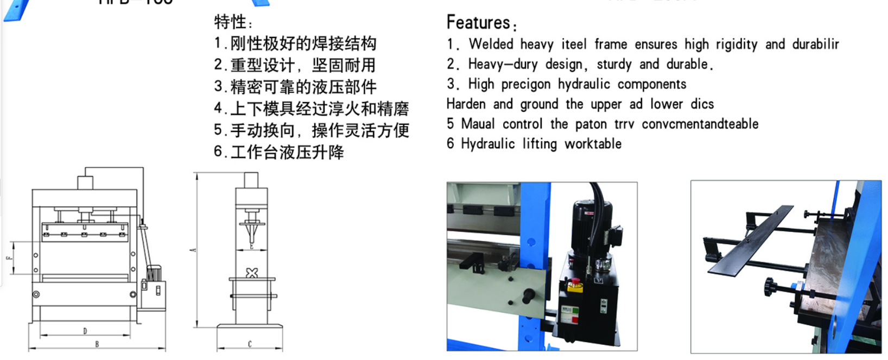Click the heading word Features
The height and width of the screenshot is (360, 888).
[x=478, y=23]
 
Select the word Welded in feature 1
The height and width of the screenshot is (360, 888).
[x=491, y=44]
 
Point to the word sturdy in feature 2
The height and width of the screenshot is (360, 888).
[x=614, y=65]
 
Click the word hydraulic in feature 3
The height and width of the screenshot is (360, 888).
[x=583, y=84]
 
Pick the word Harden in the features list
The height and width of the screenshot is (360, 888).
[x=466, y=104]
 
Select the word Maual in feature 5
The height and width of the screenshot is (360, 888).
[x=478, y=124]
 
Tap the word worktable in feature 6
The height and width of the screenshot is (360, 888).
[x=593, y=144]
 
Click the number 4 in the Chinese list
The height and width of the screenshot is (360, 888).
[x=218, y=108]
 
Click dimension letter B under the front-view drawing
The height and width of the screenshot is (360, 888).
[x=97, y=344]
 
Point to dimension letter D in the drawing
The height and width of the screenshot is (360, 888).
[x=85, y=331]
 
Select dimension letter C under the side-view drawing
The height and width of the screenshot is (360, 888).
[x=250, y=344]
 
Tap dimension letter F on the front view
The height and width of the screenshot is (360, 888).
[x=9, y=258]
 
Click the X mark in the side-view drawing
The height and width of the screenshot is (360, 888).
[x=252, y=273]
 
